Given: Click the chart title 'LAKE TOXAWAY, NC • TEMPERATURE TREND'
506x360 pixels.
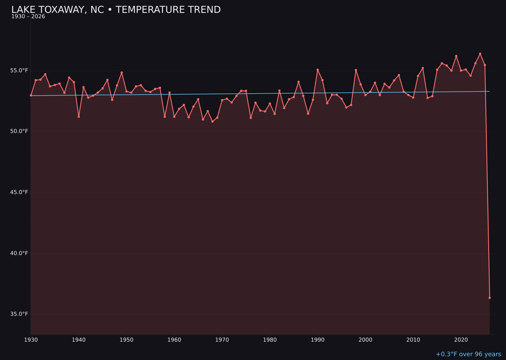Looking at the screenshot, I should pyautogui.click(x=116, y=10).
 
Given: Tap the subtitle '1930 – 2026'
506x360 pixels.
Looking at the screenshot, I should pyautogui.click(x=28, y=16).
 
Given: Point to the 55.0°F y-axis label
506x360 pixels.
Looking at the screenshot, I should pyautogui.click(x=19, y=70).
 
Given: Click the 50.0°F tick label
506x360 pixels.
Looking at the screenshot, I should pyautogui.click(x=19, y=131).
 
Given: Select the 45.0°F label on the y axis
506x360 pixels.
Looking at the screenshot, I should pyautogui.click(x=19, y=192).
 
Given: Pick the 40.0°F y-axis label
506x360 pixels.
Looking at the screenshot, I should pyautogui.click(x=19, y=253).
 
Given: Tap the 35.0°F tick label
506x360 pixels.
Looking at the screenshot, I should pyautogui.click(x=19, y=314).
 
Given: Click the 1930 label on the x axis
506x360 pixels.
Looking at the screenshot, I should pyautogui.click(x=31, y=340).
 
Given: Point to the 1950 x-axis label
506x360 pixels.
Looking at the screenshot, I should pyautogui.click(x=126, y=340).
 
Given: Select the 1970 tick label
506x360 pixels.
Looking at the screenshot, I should pyautogui.click(x=222, y=340).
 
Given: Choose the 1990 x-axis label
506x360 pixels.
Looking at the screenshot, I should pyautogui.click(x=318, y=340).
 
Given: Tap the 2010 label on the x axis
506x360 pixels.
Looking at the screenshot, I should pyautogui.click(x=413, y=340).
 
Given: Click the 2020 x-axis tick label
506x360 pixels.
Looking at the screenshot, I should pyautogui.click(x=461, y=340).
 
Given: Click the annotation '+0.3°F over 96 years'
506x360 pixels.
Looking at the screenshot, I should pyautogui.click(x=468, y=354).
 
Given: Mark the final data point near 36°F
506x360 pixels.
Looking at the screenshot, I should pyautogui.click(x=490, y=298).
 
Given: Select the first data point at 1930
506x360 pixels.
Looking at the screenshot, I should pyautogui.click(x=31, y=95).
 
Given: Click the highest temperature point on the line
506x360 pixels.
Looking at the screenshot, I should pyautogui.click(x=480, y=54).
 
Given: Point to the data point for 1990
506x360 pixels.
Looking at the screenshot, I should pyautogui.click(x=318, y=70).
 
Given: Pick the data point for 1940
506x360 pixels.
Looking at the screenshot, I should pyautogui.click(x=79, y=116).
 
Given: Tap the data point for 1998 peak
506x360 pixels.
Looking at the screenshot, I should pyautogui.click(x=356, y=70).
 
